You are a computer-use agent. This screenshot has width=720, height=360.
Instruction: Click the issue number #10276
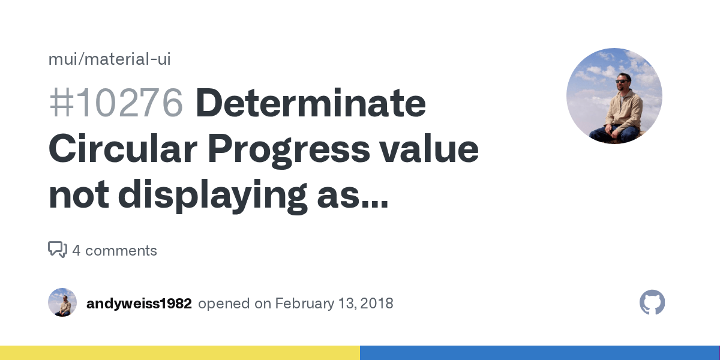115,103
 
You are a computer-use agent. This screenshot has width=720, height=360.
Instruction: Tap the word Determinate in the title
310,103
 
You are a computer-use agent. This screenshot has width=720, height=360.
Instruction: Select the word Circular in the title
122,150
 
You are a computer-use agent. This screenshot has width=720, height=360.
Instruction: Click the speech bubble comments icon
58,250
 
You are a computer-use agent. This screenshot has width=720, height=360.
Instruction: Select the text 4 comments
115,250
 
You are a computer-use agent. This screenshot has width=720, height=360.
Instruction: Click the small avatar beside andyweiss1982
62,302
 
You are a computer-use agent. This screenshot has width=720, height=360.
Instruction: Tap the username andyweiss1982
139,304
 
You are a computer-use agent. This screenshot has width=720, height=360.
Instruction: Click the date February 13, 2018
334,304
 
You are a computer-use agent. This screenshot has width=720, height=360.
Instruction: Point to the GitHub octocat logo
652,302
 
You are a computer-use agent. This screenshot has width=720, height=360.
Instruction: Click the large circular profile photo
614,96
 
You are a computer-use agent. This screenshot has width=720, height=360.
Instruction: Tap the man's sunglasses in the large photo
623,80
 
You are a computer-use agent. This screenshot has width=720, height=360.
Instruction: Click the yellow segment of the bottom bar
180,353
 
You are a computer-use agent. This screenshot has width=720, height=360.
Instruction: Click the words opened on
235,304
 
